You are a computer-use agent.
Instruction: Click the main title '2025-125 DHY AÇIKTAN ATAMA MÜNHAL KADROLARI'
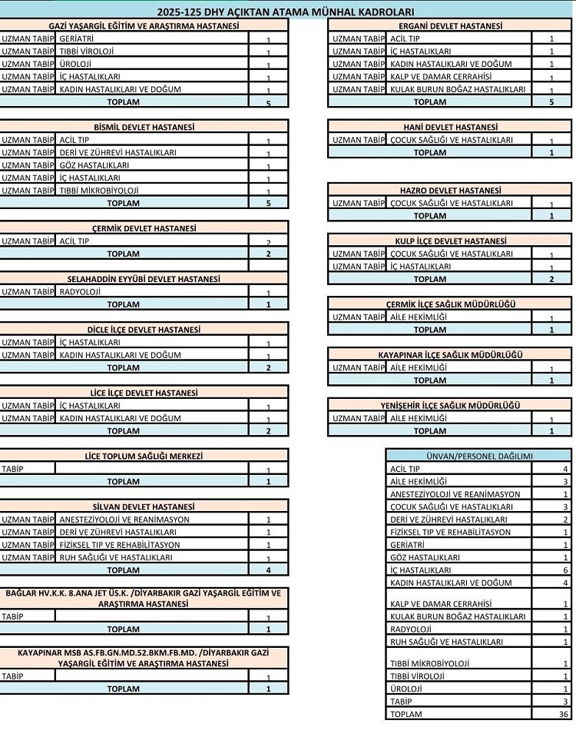pos(286,12)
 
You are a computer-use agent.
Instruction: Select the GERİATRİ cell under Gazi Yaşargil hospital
pos(77,38)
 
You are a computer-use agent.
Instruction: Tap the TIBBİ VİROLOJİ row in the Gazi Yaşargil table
pos(86,51)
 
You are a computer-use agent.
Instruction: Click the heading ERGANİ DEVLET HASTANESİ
pos(451,25)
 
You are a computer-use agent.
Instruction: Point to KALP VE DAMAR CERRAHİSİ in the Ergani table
pos(441,76)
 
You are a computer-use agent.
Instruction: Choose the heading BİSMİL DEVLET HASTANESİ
pos(144,127)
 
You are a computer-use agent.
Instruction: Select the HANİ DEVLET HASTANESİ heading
pos(450,127)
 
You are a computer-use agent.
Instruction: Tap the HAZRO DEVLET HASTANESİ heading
pos(450,191)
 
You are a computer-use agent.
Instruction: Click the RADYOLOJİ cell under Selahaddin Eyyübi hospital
pos(81,292)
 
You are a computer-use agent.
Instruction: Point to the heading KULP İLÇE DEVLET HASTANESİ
pos(450,241)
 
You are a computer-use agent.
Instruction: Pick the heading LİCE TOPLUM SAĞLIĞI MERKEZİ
pos(144,456)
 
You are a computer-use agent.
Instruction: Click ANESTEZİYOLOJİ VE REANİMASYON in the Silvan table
pos(124,520)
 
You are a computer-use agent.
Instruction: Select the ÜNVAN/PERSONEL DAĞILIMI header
pos(478,456)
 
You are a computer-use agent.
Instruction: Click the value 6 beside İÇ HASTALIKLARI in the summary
pos(565,570)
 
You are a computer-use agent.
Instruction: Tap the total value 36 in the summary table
pos(564,714)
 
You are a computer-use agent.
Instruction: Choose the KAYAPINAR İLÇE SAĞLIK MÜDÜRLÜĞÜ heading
pos(450,355)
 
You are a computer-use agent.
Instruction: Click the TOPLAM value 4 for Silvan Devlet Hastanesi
pos(268,570)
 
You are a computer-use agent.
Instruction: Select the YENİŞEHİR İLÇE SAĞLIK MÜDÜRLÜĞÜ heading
pos(450,406)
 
